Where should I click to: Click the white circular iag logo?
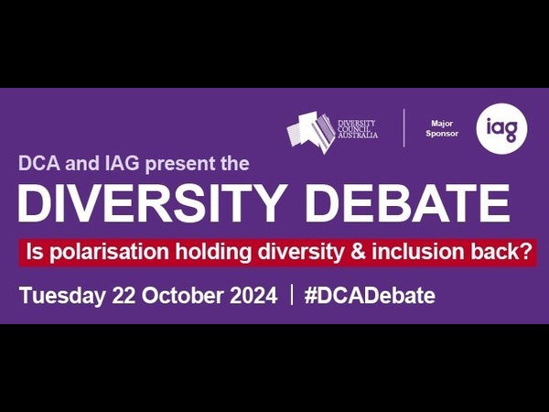coord(501,129)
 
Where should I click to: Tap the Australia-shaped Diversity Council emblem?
coord(311,132)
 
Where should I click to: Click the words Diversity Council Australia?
coord(358,128)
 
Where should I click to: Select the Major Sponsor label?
coord(442,128)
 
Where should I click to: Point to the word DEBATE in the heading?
coord(408,203)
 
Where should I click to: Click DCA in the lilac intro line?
coord(38,163)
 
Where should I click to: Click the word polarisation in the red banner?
coord(109,253)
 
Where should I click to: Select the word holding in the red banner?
coord(213,253)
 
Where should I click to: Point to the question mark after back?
coord(527,252)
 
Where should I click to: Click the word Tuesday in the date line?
coord(62,296)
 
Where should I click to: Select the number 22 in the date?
coord(124,296)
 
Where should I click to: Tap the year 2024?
coord(253,296)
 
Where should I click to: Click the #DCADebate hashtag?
coord(370,296)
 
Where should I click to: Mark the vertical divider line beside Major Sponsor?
coord(404,128)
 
